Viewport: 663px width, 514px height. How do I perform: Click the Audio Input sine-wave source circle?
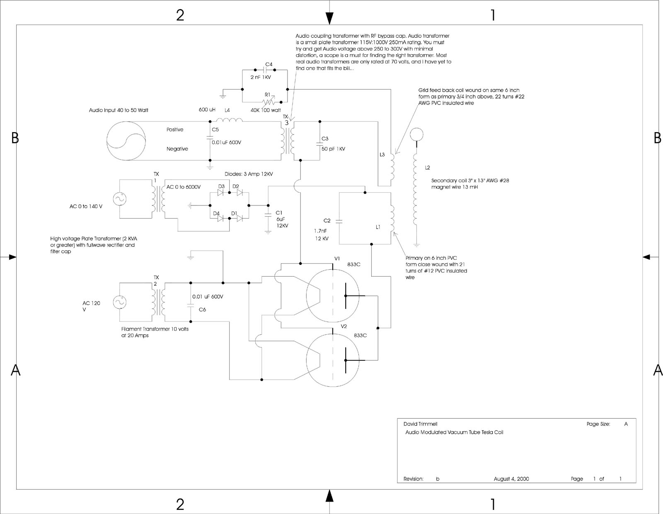click(126, 139)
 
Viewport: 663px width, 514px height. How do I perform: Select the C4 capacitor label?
click(269, 65)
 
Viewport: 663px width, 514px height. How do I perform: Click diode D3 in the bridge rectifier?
click(221, 193)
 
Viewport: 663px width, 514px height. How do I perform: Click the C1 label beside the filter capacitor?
click(279, 213)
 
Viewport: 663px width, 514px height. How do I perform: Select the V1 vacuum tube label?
click(337, 258)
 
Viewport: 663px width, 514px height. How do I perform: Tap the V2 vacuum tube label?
click(344, 326)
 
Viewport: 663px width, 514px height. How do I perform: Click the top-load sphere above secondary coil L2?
click(416, 134)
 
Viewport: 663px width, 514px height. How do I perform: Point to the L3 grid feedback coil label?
click(382, 155)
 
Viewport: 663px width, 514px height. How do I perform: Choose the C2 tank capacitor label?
click(327, 221)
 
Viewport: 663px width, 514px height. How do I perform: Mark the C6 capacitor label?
click(202, 309)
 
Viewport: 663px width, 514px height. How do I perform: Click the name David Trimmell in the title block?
click(420, 424)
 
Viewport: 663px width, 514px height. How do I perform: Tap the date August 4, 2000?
click(511, 479)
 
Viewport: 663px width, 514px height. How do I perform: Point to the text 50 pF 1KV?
click(333, 149)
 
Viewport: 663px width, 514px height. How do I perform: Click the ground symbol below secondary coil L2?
click(416, 245)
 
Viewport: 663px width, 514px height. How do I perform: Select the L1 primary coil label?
click(378, 227)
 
